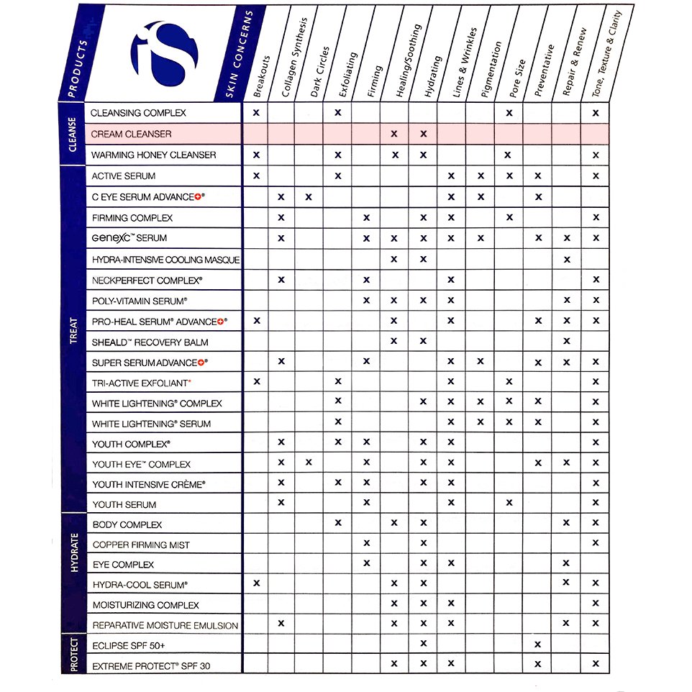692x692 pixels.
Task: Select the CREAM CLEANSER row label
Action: [131, 134]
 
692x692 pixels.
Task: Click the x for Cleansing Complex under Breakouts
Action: [256, 113]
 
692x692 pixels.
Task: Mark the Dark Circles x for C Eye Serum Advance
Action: [309, 196]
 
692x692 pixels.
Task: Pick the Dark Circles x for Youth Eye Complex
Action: [309, 463]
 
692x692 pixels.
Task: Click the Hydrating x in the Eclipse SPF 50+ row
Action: [424, 644]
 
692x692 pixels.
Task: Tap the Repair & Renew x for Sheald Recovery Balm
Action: [567, 341]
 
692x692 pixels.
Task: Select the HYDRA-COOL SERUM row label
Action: [140, 585]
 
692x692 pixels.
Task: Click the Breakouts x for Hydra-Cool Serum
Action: [256, 583]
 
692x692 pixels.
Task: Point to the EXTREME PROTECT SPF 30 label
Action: [151, 666]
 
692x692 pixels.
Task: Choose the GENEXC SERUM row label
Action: [129, 237]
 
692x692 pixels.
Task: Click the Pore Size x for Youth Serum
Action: [509, 503]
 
